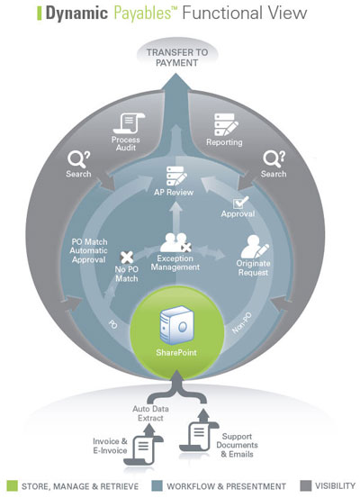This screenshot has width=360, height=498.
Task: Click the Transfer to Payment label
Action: click(177, 58)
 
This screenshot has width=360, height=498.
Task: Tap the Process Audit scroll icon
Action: click(129, 122)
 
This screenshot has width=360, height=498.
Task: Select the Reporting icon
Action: click(226, 125)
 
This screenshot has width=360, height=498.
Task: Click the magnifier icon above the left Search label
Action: click(78, 159)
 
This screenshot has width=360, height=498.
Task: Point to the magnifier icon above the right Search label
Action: click(274, 159)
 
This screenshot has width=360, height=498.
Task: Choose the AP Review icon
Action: click(176, 177)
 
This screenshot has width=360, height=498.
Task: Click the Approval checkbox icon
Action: click(240, 203)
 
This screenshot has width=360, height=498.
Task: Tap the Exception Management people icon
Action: click(175, 243)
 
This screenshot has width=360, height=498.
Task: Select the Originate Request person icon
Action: click(255, 247)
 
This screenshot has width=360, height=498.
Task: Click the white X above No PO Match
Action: click(127, 258)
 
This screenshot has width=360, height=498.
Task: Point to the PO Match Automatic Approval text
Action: click(89, 251)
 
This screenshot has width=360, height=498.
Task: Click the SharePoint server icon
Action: click(176, 325)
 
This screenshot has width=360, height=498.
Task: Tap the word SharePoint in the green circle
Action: click(176, 352)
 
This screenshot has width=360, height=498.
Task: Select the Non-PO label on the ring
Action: click(242, 323)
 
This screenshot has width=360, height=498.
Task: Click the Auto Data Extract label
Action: click(150, 413)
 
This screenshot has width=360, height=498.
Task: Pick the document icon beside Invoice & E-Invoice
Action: click(143, 449)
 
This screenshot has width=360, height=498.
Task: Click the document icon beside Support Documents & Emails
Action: click(199, 432)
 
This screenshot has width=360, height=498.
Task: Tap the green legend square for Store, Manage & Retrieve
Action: click(12, 486)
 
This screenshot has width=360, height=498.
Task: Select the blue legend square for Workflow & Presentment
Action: click(157, 486)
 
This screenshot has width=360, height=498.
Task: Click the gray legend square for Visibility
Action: click(305, 486)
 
